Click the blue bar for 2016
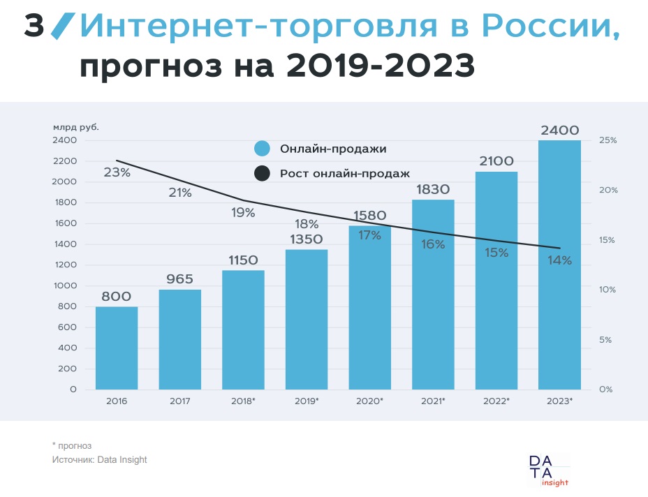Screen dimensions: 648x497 pos(117,348)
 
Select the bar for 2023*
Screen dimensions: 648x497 pos(559,265)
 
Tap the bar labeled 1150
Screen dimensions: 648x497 pos(243,329)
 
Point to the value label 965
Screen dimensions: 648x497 pos(179,279)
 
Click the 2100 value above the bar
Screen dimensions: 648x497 pos(496,161)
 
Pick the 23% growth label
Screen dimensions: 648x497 pos(117,172)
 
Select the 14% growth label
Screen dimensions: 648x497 pos(559,260)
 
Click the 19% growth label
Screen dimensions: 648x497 pos(243,212)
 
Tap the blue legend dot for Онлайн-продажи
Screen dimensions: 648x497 pos(262,148)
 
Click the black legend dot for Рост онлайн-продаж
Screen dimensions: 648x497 pos(262,173)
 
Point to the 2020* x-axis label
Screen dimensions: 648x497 pos(369,401)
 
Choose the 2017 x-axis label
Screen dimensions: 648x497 pos(179,401)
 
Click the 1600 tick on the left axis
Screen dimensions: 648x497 pos(66,223)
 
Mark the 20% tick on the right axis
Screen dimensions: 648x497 pos(608,190)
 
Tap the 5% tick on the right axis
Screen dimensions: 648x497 pos(605,340)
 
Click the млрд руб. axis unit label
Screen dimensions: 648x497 pos(76,127)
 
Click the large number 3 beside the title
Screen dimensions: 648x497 pos(34,26)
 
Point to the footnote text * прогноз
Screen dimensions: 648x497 pos(71,445)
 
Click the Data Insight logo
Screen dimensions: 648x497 pos(548,470)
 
